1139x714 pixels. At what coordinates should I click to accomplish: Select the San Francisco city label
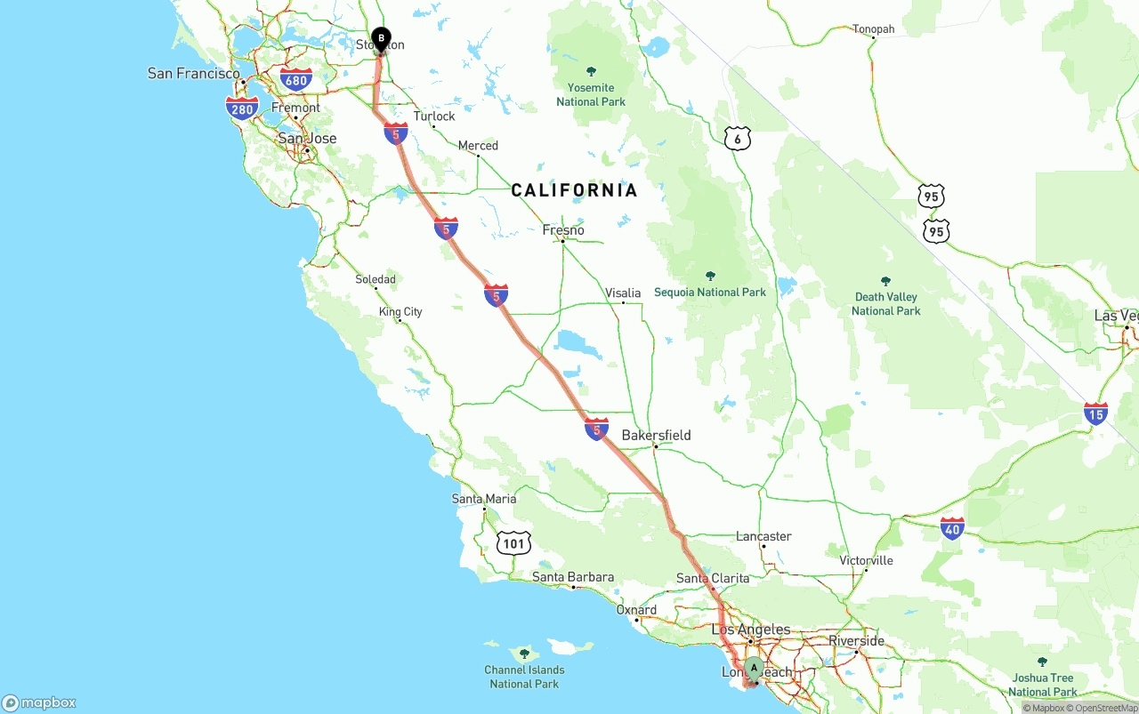coord(194,74)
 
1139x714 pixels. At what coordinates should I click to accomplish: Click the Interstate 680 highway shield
coord(295,80)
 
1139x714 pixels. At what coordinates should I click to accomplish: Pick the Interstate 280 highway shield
coord(242,109)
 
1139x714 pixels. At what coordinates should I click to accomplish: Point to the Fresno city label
coord(563,230)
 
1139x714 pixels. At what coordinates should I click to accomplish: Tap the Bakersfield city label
coord(656,436)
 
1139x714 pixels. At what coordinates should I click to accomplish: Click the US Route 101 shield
coord(514,542)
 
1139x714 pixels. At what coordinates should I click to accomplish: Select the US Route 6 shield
coord(738,139)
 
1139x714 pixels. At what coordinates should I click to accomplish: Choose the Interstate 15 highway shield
coord(1095,413)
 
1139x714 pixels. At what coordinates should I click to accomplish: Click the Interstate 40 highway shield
coord(952,529)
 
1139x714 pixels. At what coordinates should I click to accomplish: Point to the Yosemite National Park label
coord(591,94)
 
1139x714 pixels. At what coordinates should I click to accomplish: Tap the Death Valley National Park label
coord(885,303)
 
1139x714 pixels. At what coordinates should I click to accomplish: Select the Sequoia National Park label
coord(710,292)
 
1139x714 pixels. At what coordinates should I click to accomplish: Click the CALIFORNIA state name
coord(574,190)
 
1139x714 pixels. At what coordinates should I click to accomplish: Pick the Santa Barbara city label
coord(573,577)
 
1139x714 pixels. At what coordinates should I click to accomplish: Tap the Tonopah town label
coord(873,29)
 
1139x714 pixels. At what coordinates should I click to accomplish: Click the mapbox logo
coord(39,702)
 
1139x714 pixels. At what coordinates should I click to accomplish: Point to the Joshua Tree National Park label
coord(1043,685)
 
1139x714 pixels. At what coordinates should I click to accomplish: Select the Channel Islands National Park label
coord(524,677)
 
